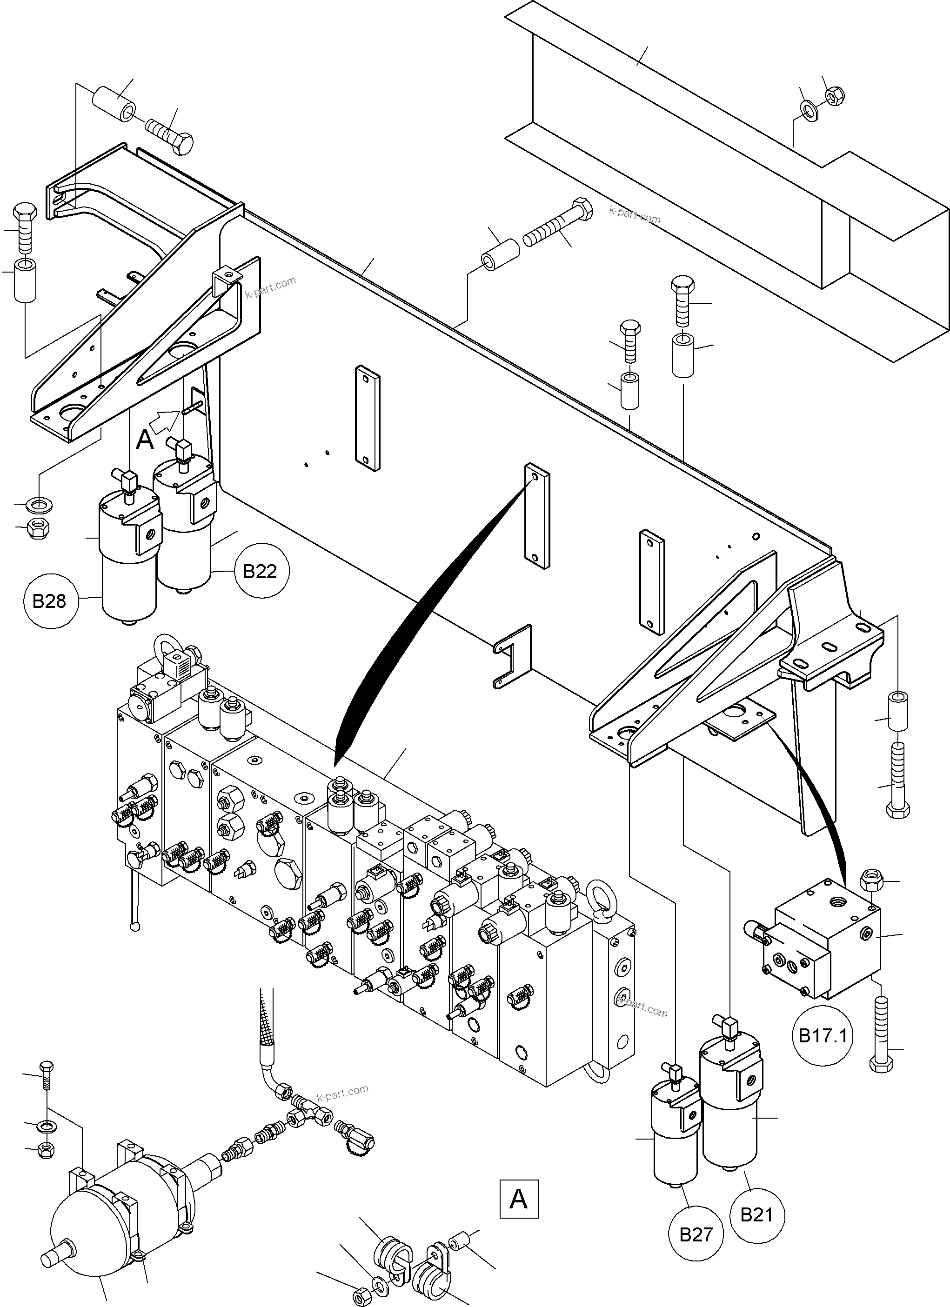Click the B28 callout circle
click(50, 601)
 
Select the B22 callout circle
click(260, 571)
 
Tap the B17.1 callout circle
click(822, 1035)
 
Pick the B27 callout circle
click(696, 1234)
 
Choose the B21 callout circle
click(756, 1215)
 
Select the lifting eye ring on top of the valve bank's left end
click(165, 646)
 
